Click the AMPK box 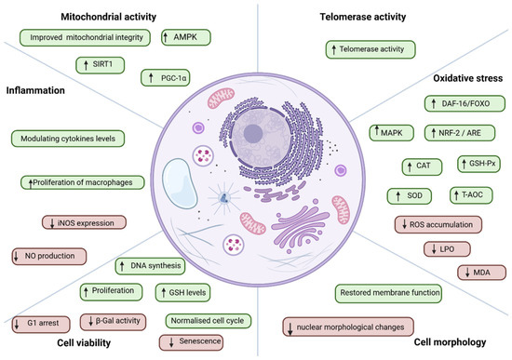click(x=186, y=37)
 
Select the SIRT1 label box click(x=100, y=65)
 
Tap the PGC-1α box click(x=165, y=78)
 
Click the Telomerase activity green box click(x=371, y=49)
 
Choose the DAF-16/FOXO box click(x=465, y=103)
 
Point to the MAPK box click(x=392, y=133)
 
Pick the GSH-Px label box click(x=478, y=164)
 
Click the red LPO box click(x=447, y=249)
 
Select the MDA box click(x=481, y=273)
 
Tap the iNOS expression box click(x=84, y=222)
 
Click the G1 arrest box click(x=41, y=324)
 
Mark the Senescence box click(x=192, y=342)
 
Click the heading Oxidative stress click(x=468, y=78)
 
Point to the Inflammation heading click(x=35, y=90)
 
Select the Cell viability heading click(x=84, y=342)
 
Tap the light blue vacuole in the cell click(x=180, y=183)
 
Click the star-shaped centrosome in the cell click(x=224, y=197)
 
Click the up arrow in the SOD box click(x=398, y=196)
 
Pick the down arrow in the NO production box click(x=17, y=256)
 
